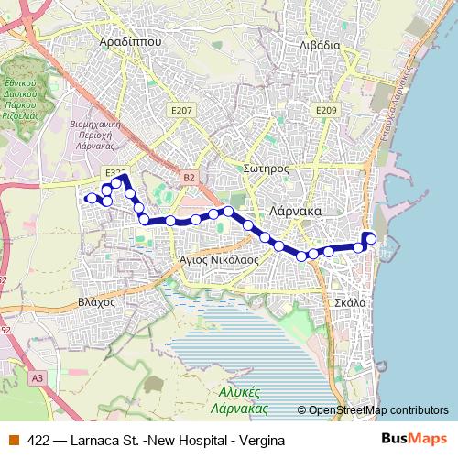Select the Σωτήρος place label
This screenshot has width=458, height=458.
(x=267, y=169)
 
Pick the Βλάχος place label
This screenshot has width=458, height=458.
(x=94, y=300)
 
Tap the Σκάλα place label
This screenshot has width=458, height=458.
(x=351, y=301)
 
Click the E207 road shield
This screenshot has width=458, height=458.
(x=182, y=110)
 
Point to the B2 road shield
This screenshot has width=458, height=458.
(x=189, y=177)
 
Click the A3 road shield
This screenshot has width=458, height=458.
(x=37, y=377)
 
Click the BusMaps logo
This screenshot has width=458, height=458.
(x=415, y=440)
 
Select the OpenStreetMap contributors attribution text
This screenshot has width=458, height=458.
(x=378, y=410)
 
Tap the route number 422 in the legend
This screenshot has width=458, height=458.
(x=39, y=441)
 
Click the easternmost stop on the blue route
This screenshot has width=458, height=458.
(x=371, y=241)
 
